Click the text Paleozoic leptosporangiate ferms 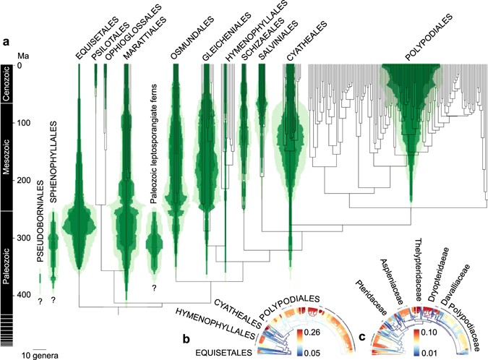pos(155,145)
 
